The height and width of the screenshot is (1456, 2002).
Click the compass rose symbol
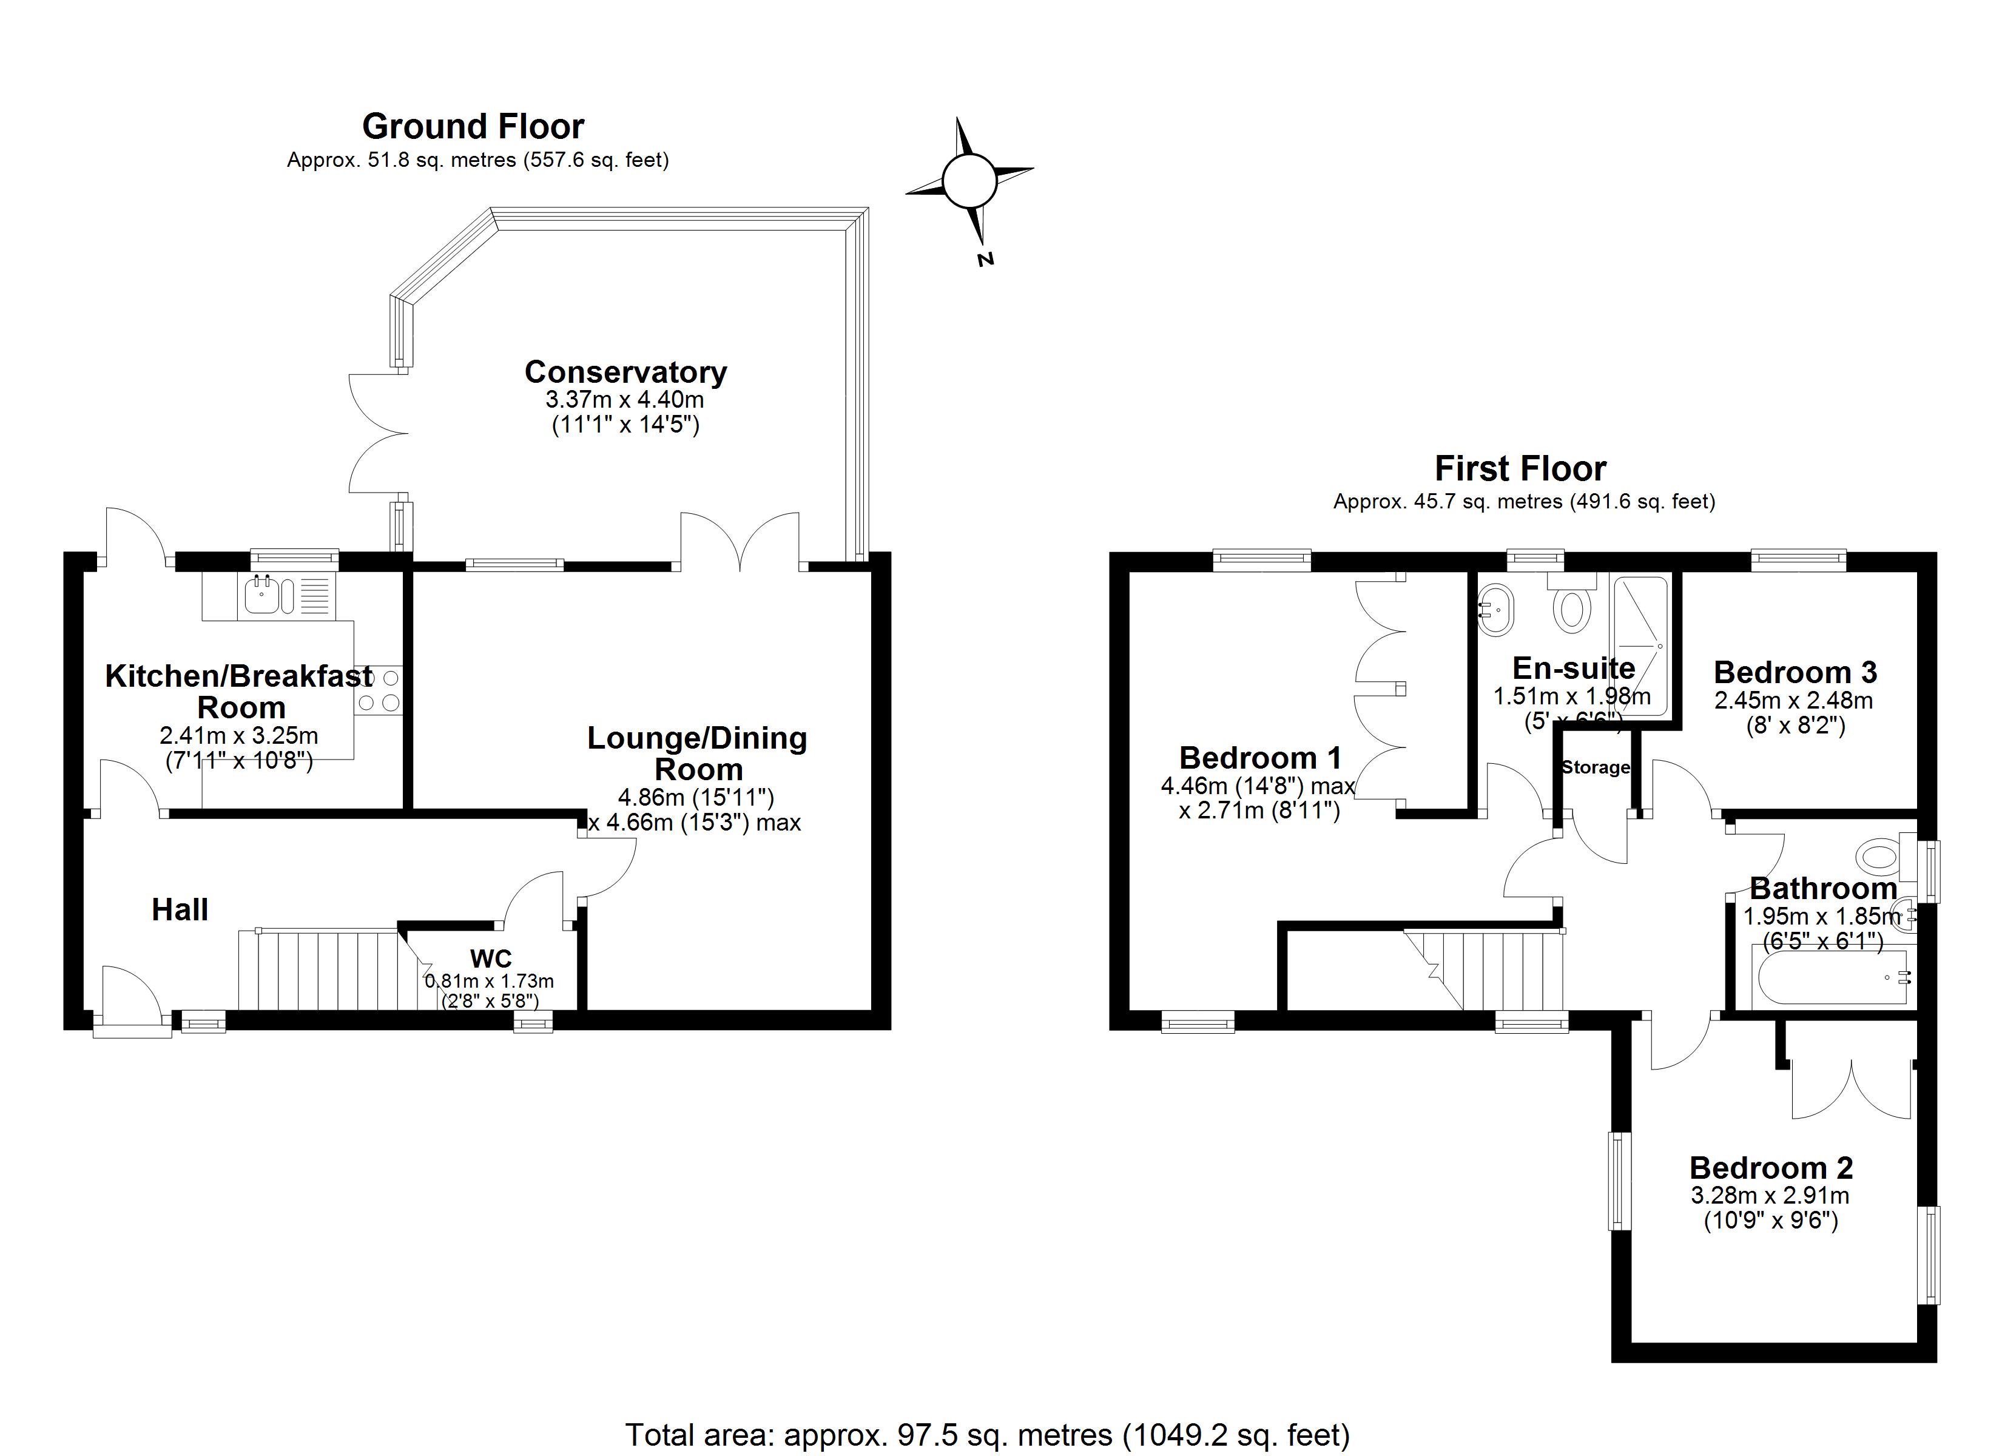click(969, 181)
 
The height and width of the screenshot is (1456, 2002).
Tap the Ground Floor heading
click(473, 126)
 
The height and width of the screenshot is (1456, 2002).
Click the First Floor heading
click(1520, 468)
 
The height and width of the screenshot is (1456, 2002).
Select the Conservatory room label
click(625, 372)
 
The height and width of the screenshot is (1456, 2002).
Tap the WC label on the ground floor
click(491, 958)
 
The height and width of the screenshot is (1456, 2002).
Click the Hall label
click(180, 909)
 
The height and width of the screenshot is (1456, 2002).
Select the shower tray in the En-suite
click(1640, 645)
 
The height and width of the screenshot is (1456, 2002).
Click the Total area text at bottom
click(987, 1435)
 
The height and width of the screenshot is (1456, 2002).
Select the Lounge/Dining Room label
click(697, 753)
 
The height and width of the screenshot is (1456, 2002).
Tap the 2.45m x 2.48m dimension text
click(1794, 700)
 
